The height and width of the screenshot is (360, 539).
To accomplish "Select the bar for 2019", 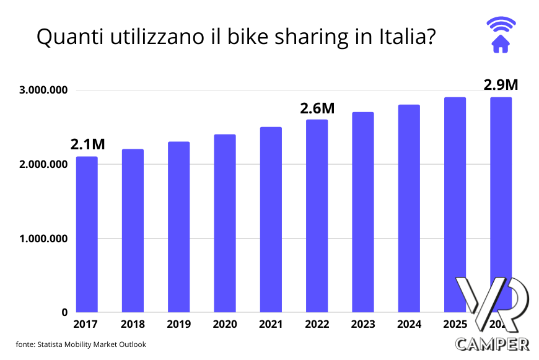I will point(178,227).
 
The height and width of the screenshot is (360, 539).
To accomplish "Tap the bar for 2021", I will point(271,219).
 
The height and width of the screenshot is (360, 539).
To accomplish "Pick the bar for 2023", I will point(362,212).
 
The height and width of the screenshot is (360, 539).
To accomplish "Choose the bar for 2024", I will point(409,208).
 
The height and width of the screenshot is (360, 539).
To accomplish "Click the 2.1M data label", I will point(87,144).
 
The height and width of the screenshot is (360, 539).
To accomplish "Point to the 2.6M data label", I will point(317,108).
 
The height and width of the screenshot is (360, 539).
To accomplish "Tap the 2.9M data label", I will point(500,85).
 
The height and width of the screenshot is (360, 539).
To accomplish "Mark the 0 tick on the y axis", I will point(64,312).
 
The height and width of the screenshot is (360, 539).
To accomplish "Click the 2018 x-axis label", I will point(133,324).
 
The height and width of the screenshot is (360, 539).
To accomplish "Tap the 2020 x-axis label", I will point(224,324).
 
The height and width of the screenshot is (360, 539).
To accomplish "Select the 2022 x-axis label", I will point(317,324).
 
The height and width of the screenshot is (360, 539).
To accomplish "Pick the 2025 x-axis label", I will point(454,324).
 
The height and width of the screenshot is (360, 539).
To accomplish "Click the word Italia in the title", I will point(404,37).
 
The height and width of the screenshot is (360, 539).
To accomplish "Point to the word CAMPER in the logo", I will point(492,343).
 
